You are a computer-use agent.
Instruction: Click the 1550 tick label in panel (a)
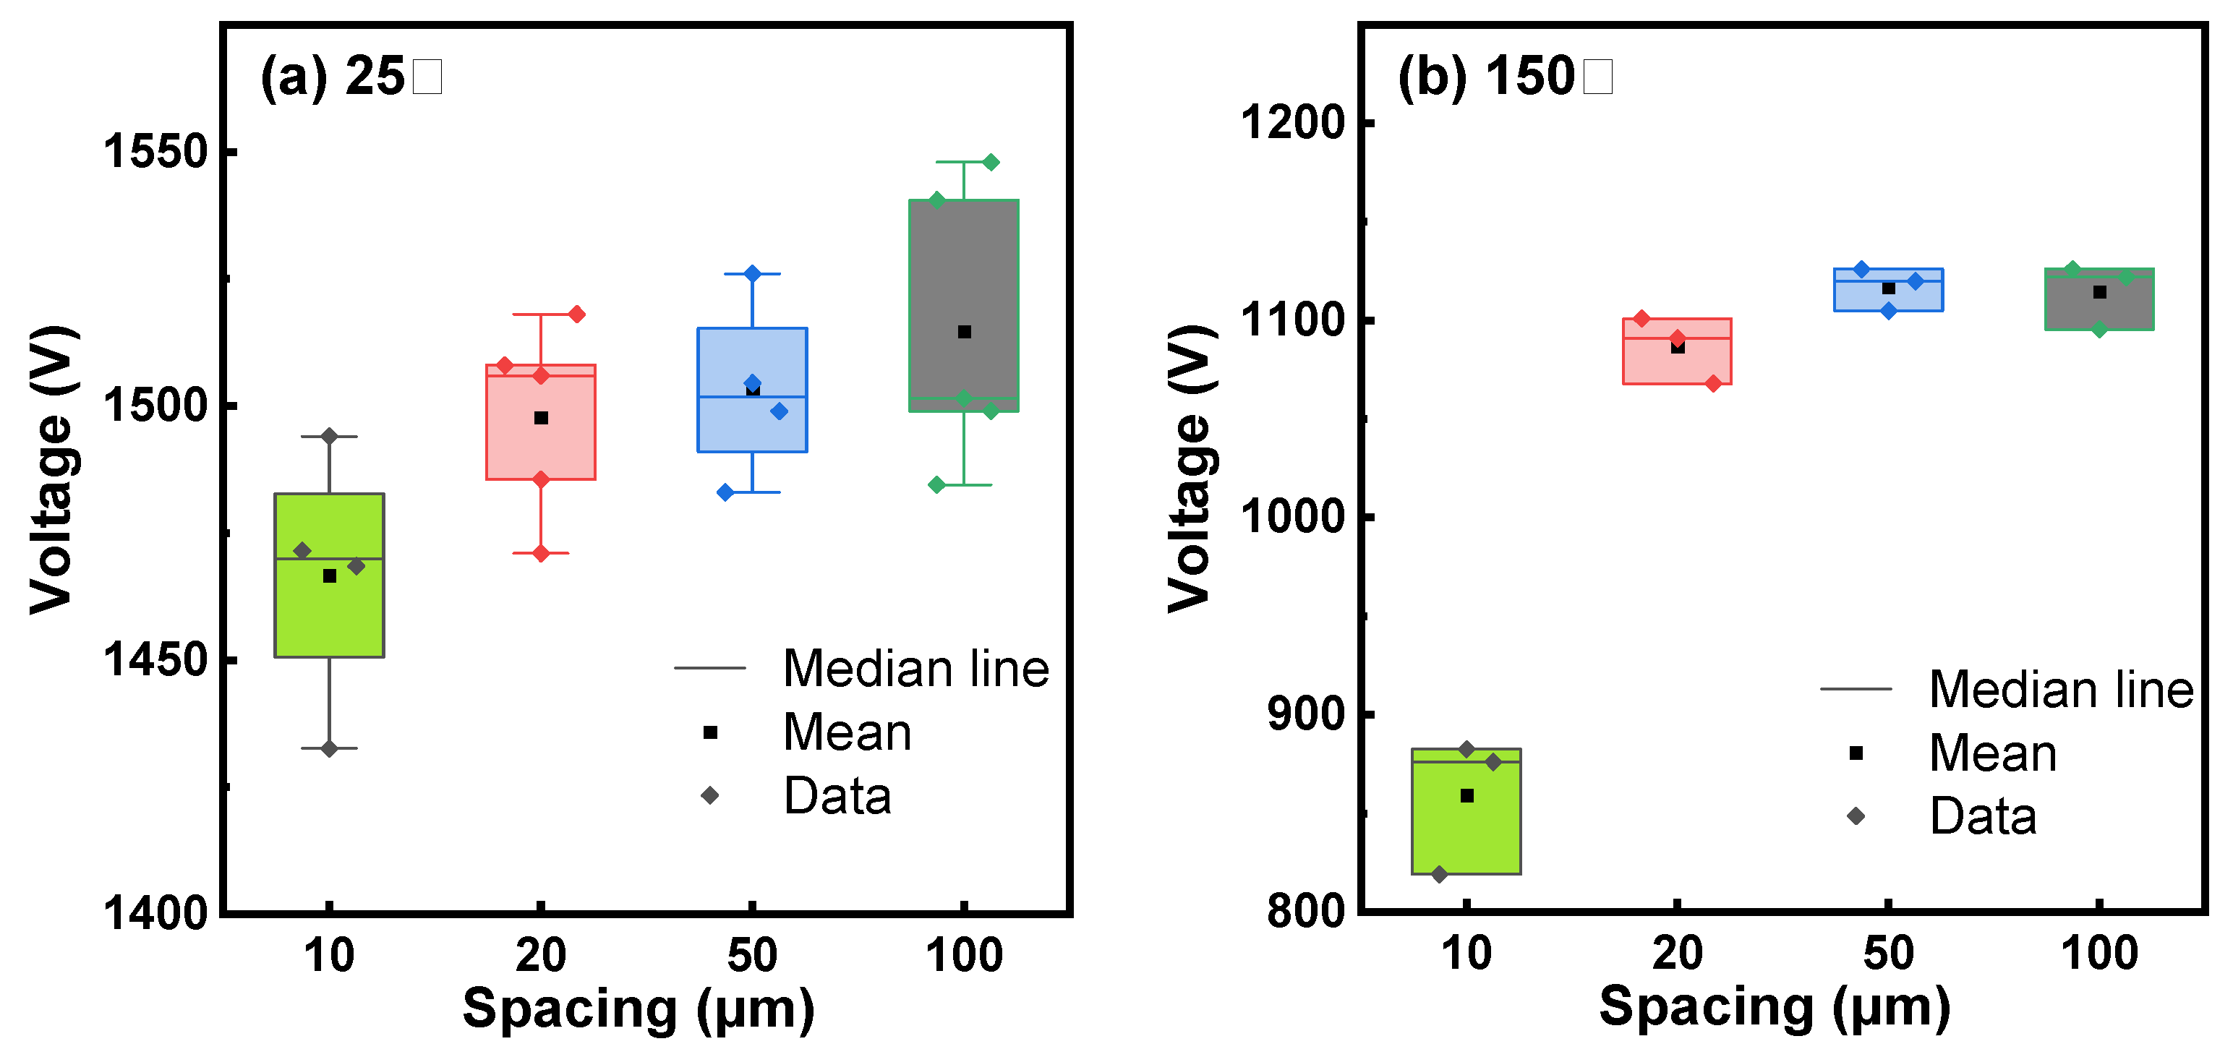[157, 152]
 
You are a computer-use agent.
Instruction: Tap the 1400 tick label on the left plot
[157, 912]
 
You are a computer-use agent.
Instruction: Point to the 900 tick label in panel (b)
[1305, 714]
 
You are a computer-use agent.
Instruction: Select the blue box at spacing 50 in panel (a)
[753, 424]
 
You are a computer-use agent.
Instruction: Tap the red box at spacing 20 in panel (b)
[1678, 364]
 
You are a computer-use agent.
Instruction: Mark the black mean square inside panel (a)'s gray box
[964, 332]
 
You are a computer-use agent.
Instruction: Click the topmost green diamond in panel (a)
[991, 162]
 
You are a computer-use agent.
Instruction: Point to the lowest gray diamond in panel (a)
[330, 748]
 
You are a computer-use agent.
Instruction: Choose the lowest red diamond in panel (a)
[541, 553]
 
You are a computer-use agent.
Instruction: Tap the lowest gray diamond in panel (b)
[1440, 874]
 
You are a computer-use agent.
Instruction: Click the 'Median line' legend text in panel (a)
[915, 669]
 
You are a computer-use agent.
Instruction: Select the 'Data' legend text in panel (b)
[1983, 816]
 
